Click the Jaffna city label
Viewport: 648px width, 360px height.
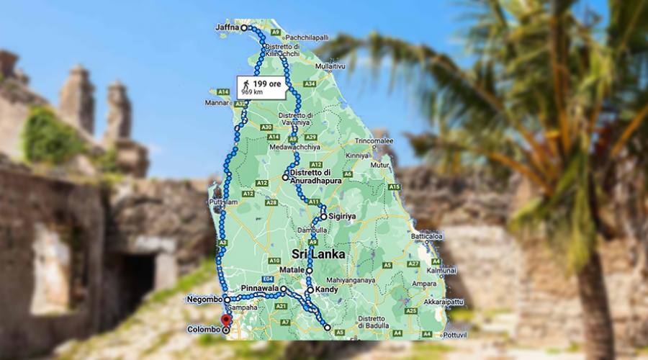click(x=227, y=28)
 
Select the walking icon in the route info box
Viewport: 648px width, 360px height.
click(x=246, y=84)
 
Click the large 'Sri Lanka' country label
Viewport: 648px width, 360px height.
click(x=318, y=255)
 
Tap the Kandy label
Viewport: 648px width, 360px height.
click(x=327, y=290)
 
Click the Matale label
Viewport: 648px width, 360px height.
click(x=293, y=270)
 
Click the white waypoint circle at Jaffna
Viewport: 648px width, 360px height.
click(x=243, y=28)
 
